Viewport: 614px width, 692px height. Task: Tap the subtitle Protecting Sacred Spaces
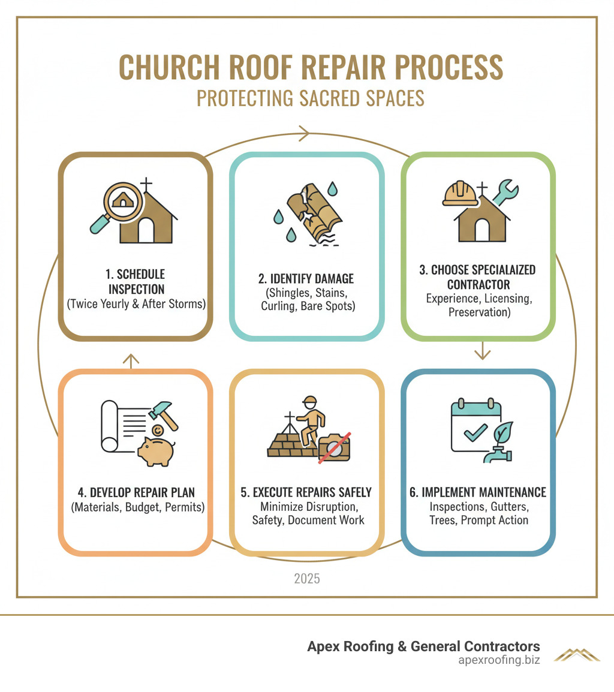pos(310,98)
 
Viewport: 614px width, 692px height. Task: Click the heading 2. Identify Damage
pos(306,278)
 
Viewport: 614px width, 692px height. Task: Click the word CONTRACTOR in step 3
pos(478,284)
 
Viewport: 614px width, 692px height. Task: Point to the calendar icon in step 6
pos(475,425)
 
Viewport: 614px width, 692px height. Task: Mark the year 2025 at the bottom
pos(306,579)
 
